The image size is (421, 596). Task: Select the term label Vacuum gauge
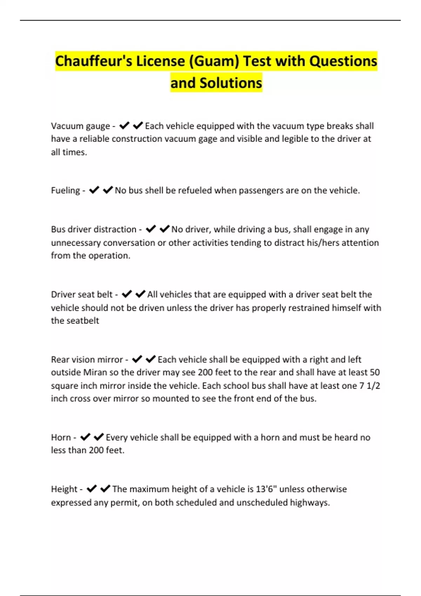(x=80, y=126)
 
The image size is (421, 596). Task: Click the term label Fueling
(x=66, y=190)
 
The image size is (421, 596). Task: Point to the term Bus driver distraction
(x=93, y=229)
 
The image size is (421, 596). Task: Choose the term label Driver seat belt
(x=82, y=294)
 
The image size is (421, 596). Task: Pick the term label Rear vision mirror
(x=87, y=359)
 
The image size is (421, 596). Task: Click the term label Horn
(x=61, y=437)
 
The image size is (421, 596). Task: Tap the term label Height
(x=65, y=489)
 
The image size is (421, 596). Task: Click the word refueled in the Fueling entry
(x=195, y=190)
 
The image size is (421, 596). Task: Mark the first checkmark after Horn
(x=85, y=437)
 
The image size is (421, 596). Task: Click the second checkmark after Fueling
(x=108, y=190)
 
